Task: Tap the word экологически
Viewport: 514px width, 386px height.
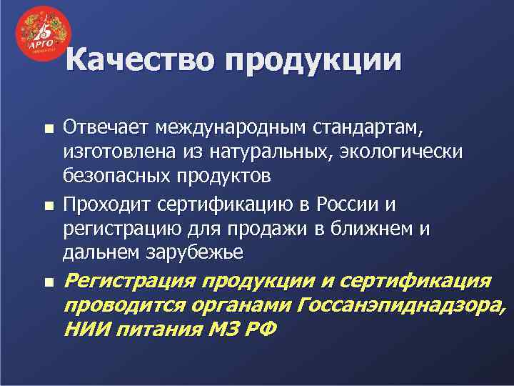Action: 405,152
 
